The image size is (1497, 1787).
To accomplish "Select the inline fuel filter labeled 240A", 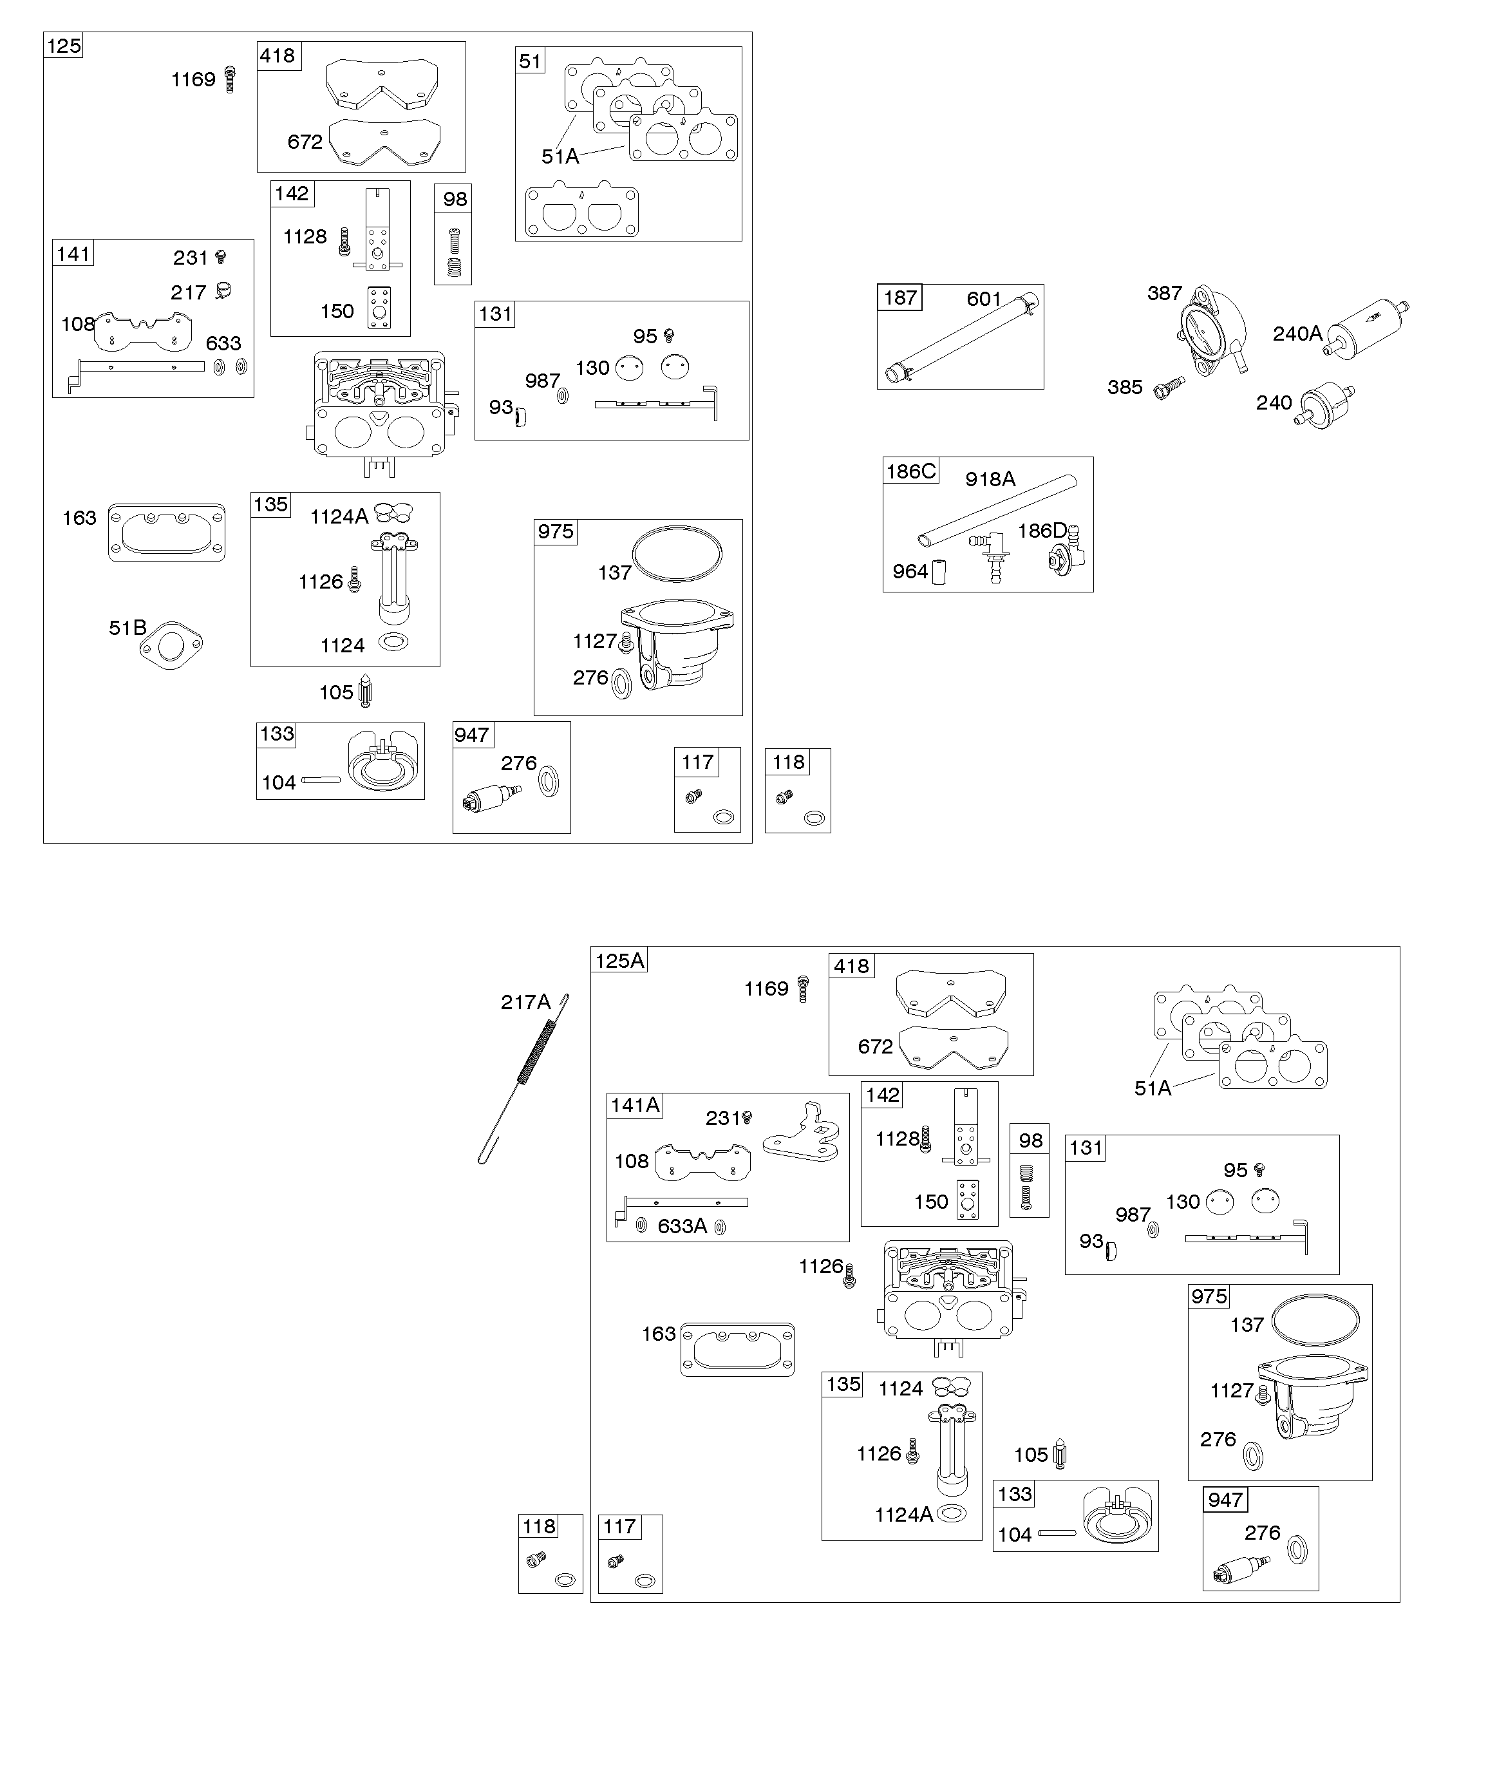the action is point(1368,324).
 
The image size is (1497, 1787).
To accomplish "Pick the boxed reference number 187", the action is point(899,298).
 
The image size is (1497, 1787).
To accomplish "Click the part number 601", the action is point(984,299).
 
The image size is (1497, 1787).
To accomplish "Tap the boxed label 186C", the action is point(910,471).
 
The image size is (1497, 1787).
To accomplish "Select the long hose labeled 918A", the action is point(997,511).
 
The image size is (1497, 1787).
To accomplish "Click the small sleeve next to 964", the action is point(939,572).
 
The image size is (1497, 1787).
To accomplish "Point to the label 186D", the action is point(1042,531).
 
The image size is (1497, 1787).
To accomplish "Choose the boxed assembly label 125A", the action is point(619,961).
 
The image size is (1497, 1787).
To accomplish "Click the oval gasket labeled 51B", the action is point(171,645).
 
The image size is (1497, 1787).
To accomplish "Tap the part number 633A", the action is point(682,1226).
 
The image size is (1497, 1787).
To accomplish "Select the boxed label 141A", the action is point(635,1106).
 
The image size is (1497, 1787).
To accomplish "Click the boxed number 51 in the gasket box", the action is point(530,61).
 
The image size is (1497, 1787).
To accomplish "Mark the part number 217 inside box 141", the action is point(188,293).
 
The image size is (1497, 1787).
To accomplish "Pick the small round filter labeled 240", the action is point(1325,405).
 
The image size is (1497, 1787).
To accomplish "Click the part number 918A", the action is point(990,479).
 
